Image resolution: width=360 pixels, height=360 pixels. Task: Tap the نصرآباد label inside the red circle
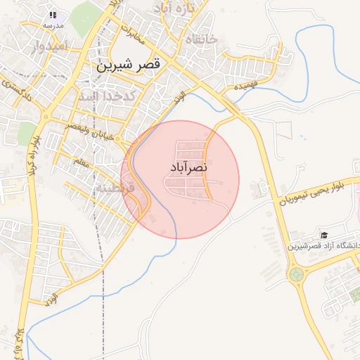click(x=188, y=168)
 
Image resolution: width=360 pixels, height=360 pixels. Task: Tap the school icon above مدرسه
click(x=53, y=14)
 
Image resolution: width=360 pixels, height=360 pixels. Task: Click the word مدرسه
click(x=53, y=25)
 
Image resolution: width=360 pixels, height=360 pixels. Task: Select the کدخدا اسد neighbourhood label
click(x=107, y=96)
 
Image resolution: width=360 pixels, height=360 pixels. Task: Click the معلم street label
click(x=81, y=164)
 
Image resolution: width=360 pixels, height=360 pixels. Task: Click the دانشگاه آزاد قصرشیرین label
click(x=324, y=246)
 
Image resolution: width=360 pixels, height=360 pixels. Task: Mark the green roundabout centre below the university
click(x=295, y=274)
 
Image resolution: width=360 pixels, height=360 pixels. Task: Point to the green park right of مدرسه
click(x=85, y=18)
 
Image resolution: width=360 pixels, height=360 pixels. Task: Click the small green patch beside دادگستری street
click(x=27, y=133)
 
